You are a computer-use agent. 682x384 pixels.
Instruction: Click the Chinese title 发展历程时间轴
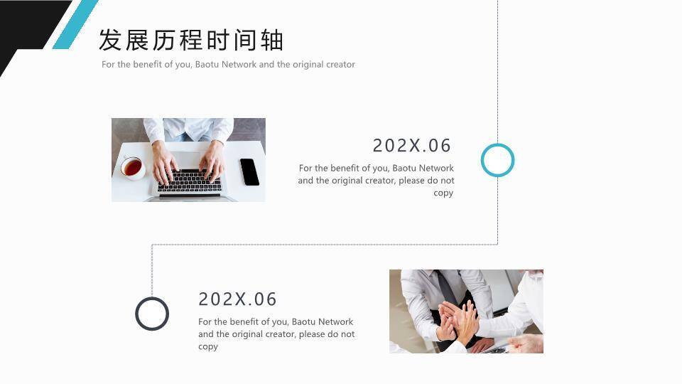pos(190,41)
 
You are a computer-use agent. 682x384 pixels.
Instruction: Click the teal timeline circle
pos(497,160)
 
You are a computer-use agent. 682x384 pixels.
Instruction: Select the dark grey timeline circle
pos(152,314)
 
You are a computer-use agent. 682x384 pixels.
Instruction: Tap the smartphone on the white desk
pos(249,171)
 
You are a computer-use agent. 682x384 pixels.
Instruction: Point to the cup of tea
pos(132,168)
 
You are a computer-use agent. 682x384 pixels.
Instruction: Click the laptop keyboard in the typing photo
pos(189,181)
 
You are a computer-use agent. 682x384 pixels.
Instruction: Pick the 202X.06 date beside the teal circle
pos(412,146)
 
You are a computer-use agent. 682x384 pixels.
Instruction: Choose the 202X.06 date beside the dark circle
pos(237,299)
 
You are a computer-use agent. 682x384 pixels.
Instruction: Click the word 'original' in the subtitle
pos(308,65)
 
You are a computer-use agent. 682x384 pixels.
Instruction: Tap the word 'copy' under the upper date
pos(443,193)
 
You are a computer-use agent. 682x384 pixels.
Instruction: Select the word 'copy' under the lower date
pos(208,347)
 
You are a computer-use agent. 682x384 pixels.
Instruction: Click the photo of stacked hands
pos(466,311)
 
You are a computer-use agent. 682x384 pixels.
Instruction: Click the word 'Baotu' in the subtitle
pos(207,65)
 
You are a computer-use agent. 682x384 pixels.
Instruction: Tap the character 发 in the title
pos(109,41)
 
